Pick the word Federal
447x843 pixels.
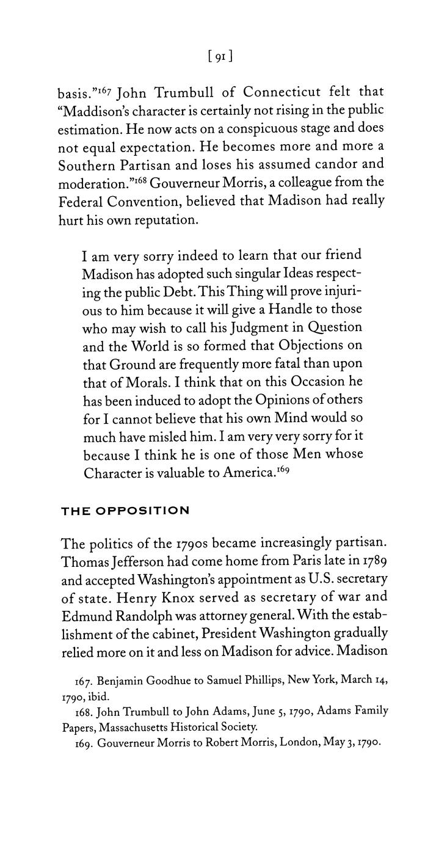point(84,202)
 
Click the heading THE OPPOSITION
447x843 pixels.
point(125,511)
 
